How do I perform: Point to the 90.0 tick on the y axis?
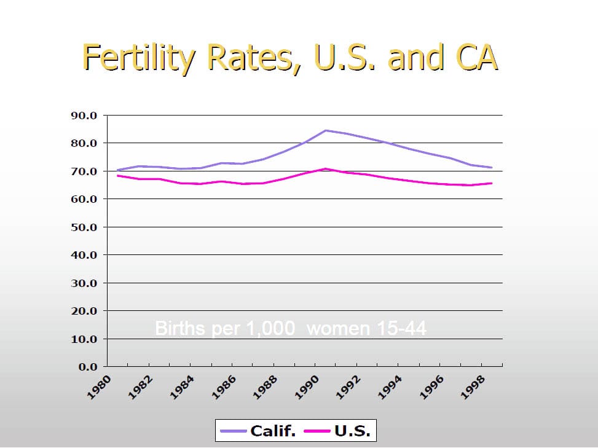point(84,116)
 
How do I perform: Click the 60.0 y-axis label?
point(84,199)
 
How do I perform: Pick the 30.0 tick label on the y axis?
point(84,283)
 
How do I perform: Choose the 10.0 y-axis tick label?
point(84,339)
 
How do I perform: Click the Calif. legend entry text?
point(273,431)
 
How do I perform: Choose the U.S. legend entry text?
point(353,431)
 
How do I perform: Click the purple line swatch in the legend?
point(234,431)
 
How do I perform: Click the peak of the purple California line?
point(325,130)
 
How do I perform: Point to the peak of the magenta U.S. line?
point(325,168)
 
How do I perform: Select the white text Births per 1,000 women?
point(291,329)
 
